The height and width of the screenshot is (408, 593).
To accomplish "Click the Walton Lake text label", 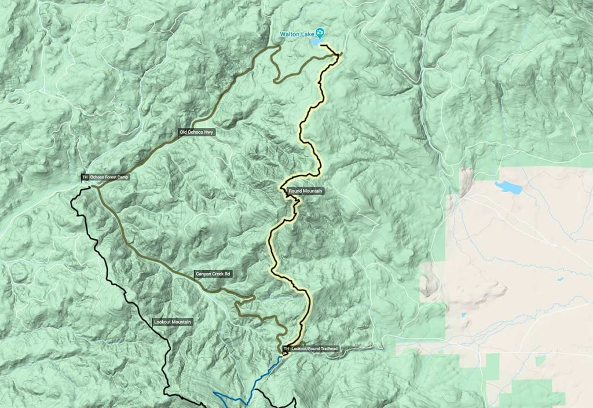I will point(296,33).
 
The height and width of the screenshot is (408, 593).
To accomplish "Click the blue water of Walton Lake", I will point(314,42).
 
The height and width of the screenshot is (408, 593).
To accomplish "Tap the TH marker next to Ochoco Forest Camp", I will point(85,178).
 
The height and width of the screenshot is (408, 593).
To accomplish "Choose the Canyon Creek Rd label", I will point(213,274).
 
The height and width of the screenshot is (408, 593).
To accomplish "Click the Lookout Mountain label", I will point(173,322).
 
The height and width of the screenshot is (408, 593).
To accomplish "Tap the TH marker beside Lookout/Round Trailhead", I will point(285,350).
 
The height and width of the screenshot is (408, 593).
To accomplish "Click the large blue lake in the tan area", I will point(507,187).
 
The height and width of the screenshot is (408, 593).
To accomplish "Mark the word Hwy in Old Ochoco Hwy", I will point(208,133).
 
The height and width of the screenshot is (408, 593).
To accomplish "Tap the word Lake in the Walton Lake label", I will point(306,33).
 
